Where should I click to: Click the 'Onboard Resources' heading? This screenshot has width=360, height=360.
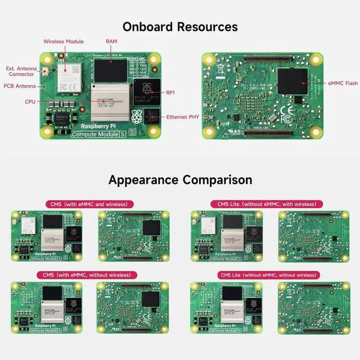[x=180, y=26]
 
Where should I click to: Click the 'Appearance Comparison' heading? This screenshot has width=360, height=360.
[x=180, y=180]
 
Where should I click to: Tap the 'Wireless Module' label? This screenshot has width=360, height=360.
[x=64, y=42]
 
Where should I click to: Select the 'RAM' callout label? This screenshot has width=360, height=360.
[x=111, y=42]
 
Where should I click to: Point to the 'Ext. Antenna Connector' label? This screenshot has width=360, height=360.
[x=19, y=71]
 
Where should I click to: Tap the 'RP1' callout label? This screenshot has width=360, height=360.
[x=170, y=92]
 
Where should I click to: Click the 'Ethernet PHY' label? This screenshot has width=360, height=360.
[x=181, y=117]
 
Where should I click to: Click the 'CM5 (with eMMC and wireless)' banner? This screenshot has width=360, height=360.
[x=86, y=204]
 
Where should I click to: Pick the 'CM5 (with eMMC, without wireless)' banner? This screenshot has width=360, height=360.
[x=87, y=275]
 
